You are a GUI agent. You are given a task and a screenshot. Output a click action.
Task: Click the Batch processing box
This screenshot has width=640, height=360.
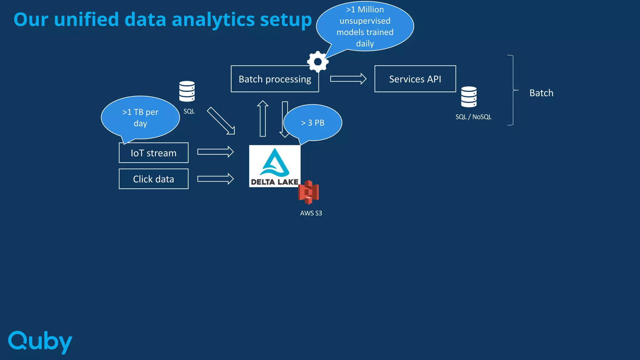point(275,79)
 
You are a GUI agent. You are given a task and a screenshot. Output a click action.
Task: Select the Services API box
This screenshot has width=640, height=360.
point(415,79)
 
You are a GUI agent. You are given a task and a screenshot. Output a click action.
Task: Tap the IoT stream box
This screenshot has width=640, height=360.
point(153,153)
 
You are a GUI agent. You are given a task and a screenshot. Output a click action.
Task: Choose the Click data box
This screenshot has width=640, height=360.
point(153,179)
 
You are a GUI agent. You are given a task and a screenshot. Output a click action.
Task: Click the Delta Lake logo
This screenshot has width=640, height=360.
point(274,166)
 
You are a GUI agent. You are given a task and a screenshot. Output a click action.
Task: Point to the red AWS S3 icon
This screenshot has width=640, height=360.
point(308,192)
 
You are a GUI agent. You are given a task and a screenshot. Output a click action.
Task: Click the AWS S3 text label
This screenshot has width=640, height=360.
point(311,213)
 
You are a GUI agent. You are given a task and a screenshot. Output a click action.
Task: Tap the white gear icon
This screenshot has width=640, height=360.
point(318,62)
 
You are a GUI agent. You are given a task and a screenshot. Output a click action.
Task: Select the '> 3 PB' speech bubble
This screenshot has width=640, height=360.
point(312,123)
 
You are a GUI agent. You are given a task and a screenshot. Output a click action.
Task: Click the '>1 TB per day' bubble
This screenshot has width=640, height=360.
point(140,117)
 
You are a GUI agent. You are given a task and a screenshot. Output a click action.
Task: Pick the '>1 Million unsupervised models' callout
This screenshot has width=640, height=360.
point(365,27)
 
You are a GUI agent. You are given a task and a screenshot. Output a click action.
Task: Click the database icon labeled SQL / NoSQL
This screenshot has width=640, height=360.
point(469,97)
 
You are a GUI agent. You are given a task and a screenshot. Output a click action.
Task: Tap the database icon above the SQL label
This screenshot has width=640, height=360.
point(187,91)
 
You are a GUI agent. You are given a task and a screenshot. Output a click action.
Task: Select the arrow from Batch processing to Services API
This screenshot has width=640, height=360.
point(348,79)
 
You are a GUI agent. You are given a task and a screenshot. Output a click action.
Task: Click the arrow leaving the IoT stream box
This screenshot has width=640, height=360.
point(215,152)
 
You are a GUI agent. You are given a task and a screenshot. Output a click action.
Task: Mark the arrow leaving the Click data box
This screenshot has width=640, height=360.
point(215,179)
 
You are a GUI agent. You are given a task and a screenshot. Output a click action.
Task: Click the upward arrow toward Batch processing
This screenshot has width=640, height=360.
point(263,118)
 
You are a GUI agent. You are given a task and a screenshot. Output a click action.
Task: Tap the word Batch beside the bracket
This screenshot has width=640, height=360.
point(541,93)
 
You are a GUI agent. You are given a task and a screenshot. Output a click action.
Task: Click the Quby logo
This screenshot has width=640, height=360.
point(40,342)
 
